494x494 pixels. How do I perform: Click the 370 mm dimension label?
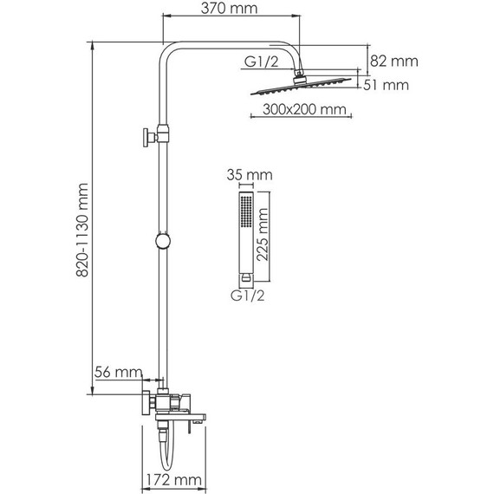(231, 11)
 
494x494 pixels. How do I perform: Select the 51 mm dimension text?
(389, 85)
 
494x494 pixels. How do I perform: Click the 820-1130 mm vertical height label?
(84, 231)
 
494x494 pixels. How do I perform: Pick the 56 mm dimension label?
(118, 372)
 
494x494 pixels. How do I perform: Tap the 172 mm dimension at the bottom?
(172, 480)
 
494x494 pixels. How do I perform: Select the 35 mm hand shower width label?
(249, 175)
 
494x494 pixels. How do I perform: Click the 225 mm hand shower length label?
(276, 235)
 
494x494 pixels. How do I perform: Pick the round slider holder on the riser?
(161, 241)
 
